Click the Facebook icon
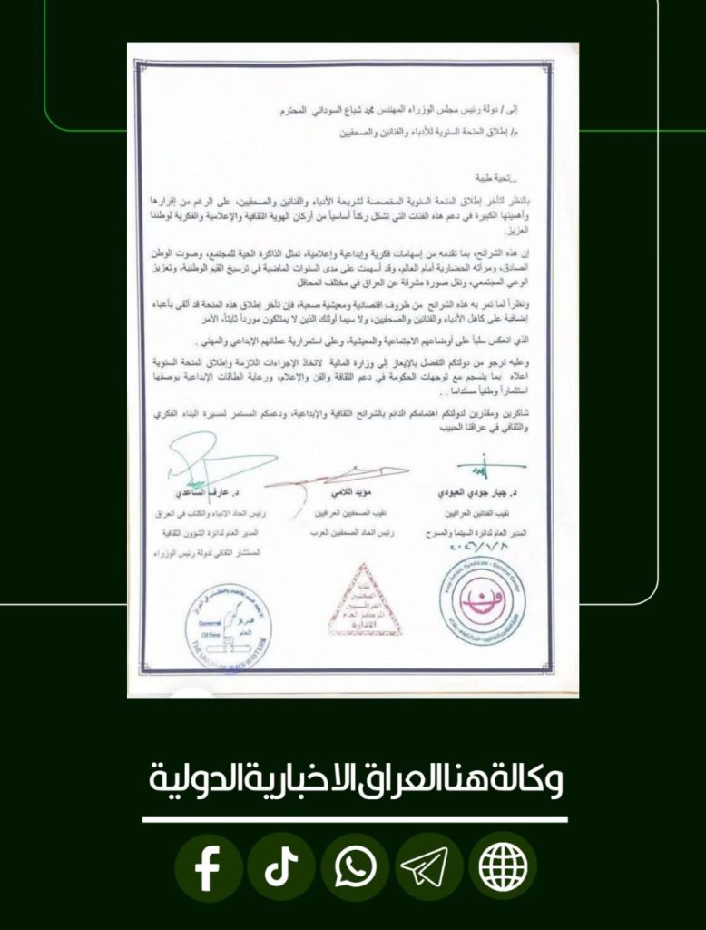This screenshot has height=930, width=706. tap(208, 868)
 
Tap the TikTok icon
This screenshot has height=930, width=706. tap(281, 868)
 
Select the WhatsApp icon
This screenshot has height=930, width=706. tap(355, 868)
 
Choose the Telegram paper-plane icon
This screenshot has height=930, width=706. tap(429, 868)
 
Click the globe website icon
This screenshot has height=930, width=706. tap(503, 868)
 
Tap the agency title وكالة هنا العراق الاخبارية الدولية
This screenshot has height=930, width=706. tap(354, 779)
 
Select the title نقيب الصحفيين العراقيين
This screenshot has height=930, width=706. tap(338, 515)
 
